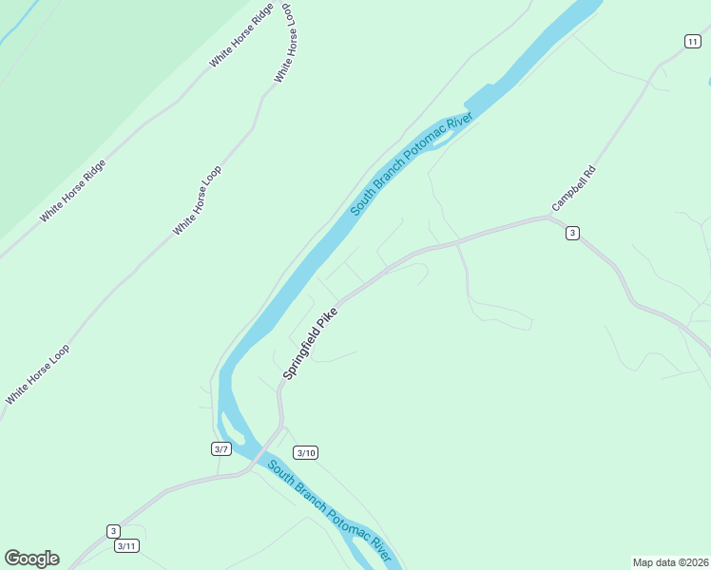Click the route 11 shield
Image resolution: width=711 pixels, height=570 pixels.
point(692,40)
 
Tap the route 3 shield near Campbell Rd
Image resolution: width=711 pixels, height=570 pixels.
point(571,233)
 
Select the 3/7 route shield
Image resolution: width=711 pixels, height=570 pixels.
point(221,448)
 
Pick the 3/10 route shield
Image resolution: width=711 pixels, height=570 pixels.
point(305,452)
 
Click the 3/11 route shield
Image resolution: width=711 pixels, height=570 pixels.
point(126,545)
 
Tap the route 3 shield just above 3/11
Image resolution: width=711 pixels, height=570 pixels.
point(113,531)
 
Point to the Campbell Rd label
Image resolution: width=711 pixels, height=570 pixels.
point(573,189)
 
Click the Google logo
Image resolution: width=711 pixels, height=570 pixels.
point(31,559)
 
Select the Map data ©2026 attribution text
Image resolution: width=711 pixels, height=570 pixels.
point(669,562)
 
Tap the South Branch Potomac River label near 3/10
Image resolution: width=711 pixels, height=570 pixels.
point(329,510)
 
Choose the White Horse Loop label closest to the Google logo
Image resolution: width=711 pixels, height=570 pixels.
point(38,374)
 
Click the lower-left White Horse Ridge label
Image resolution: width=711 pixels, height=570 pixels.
point(72,191)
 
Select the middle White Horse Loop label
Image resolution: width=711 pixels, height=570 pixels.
point(197,200)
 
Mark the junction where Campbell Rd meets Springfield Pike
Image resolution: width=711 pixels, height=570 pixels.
point(548,218)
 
